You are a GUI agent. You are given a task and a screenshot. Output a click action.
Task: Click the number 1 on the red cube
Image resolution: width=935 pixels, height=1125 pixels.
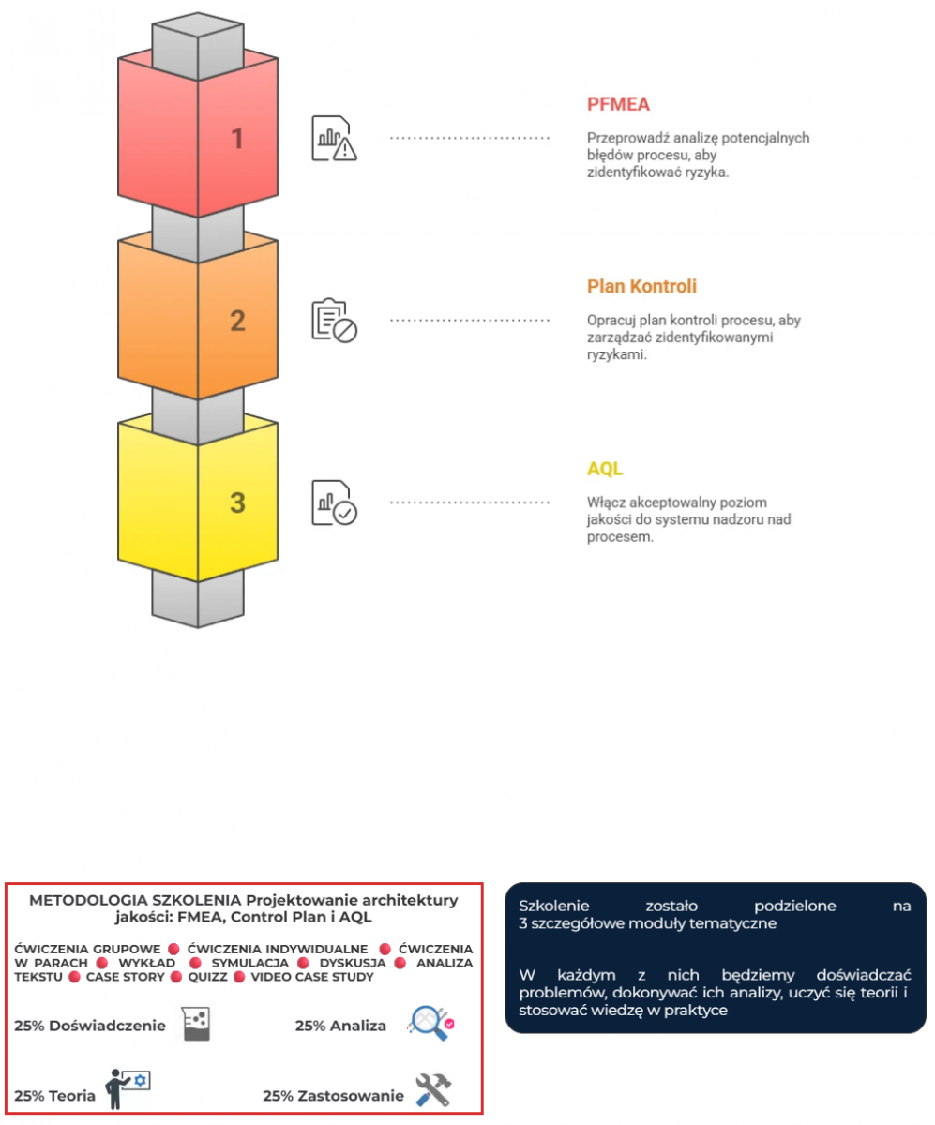[237, 139]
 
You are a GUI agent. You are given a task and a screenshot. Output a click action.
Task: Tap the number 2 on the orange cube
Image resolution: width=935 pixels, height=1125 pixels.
[237, 321]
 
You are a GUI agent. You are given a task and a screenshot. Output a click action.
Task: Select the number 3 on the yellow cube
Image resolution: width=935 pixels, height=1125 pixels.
[237, 502]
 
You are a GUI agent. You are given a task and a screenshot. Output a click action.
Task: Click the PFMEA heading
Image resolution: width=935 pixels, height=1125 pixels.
[618, 104]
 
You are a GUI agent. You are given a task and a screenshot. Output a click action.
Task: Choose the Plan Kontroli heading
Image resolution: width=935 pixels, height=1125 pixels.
[641, 286]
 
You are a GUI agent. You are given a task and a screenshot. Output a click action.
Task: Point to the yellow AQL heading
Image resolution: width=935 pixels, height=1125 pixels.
[605, 468]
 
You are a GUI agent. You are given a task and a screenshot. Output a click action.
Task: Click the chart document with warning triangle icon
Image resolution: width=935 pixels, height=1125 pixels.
[334, 138]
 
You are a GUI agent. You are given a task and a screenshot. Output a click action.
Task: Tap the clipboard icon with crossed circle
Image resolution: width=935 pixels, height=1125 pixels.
[334, 320]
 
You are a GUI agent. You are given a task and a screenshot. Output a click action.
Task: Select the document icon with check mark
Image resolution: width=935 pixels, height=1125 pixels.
[334, 502]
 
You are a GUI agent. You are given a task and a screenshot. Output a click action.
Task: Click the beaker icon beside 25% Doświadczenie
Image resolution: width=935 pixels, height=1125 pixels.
[196, 1024]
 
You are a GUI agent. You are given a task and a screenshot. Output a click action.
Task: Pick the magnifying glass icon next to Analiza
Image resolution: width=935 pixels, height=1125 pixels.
[430, 1023]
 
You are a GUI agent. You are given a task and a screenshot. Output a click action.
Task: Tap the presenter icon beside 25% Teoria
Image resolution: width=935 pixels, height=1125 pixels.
[128, 1088]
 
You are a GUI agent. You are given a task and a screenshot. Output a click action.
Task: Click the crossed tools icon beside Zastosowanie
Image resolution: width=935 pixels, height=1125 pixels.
[433, 1089]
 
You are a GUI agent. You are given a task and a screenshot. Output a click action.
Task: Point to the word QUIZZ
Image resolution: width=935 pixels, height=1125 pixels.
[207, 977]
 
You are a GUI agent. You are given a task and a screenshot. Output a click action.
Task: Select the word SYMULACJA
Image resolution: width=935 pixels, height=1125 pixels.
[249, 963]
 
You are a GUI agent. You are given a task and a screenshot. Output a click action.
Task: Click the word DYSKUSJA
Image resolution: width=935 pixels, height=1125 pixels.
[353, 963]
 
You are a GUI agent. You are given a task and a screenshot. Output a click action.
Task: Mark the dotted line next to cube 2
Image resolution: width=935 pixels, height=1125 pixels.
[470, 320]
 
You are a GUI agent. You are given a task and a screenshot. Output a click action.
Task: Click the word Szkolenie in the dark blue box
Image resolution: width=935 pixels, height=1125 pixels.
[554, 907]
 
